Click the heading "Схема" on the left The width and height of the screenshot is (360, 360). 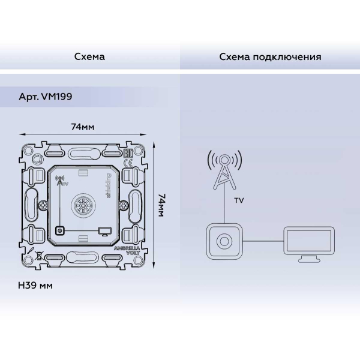[x=89, y=57]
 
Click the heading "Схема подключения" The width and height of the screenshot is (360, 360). [x=270, y=57]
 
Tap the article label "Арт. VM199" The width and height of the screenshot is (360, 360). [x=46, y=96]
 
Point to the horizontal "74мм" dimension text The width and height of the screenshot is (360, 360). [x=82, y=127]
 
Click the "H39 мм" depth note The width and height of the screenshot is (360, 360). [x=36, y=285]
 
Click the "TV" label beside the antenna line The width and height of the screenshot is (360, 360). [x=238, y=201]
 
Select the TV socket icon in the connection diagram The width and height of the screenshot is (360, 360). [x=224, y=241]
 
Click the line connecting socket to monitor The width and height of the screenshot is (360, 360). [x=264, y=241]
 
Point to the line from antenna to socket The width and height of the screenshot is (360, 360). [x=224, y=207]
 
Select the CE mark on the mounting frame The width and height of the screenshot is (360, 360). [x=128, y=163]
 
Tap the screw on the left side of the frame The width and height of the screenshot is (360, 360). [x=41, y=206]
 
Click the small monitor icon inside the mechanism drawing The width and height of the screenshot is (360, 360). [x=104, y=230]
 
